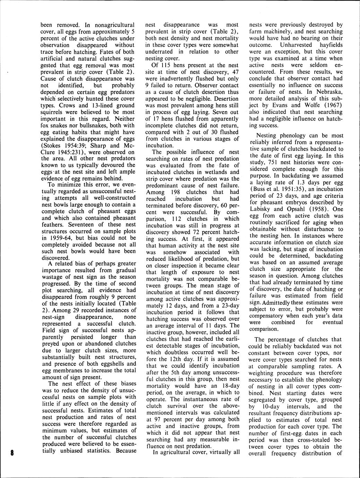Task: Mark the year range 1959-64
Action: point(64,238)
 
